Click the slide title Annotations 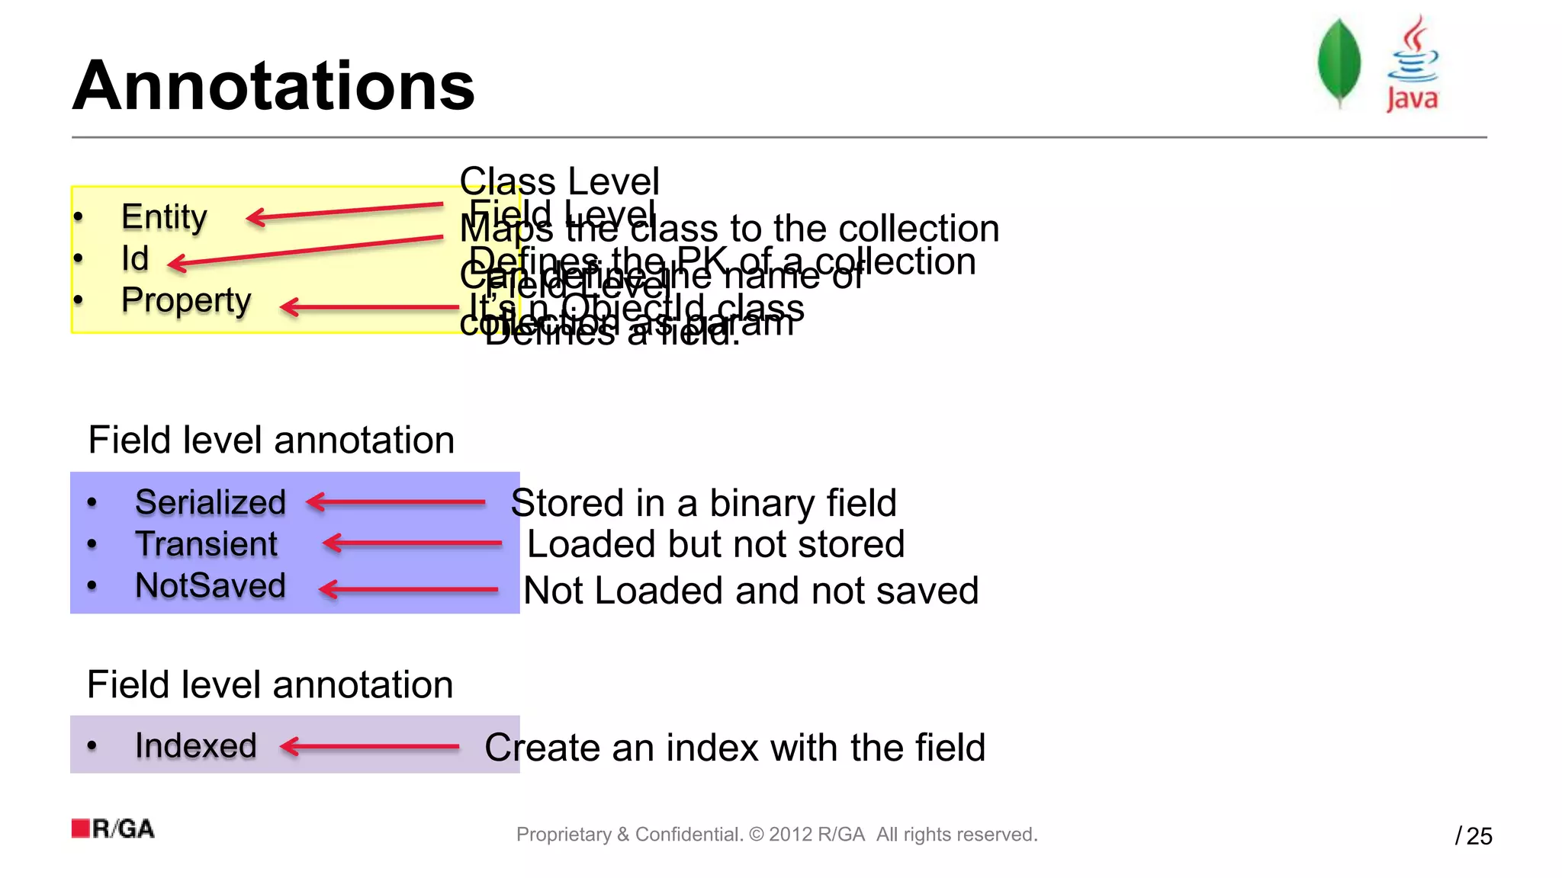click(273, 86)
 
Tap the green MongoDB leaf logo click(1339, 63)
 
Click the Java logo click(1412, 65)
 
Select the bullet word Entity click(164, 217)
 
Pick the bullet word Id click(135, 258)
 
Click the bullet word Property click(186, 300)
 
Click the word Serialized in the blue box click(211, 502)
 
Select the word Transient click(206, 544)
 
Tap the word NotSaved click(211, 586)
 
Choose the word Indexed click(196, 745)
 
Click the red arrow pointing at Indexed click(370, 746)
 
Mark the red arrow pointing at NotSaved click(408, 589)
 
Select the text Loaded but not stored click(715, 545)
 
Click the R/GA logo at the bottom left click(113, 828)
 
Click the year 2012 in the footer click(790, 835)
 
